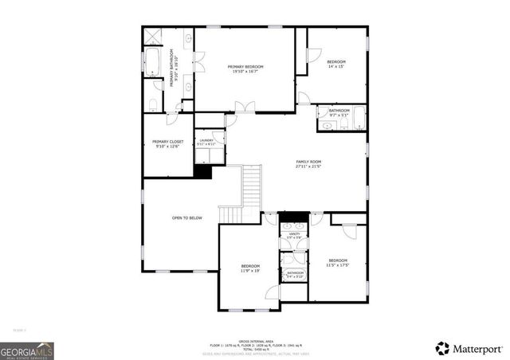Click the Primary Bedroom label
click(x=245, y=69)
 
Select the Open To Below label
click(x=186, y=217)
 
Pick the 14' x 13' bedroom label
click(x=336, y=65)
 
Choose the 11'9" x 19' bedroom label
click(x=251, y=268)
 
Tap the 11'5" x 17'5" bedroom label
click(x=338, y=263)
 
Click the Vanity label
click(x=293, y=236)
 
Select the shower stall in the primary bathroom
click(x=152, y=37)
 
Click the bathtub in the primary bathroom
click(x=152, y=62)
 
